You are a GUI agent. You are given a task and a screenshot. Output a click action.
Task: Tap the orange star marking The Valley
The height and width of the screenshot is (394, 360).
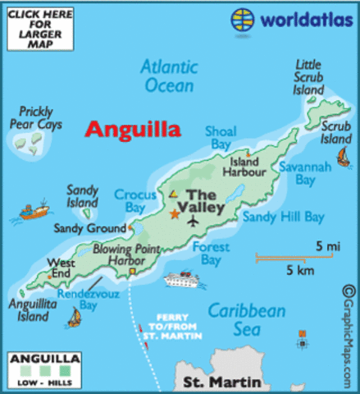click(174, 214)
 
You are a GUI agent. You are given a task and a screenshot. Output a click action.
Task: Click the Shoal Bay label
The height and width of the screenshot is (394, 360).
click(221, 136)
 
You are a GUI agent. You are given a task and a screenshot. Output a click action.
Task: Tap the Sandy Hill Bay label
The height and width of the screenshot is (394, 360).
click(283, 217)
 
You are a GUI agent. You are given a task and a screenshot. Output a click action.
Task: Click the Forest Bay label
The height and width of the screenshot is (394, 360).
click(206, 253)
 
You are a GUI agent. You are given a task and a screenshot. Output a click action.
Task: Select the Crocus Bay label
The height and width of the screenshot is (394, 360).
click(129, 201)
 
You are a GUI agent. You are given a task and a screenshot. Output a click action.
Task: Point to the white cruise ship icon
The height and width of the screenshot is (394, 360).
click(181, 281)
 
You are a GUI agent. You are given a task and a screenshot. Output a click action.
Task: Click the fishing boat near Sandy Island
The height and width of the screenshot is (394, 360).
click(33, 213)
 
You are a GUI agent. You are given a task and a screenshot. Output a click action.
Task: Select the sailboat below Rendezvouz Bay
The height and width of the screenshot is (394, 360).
click(75, 317)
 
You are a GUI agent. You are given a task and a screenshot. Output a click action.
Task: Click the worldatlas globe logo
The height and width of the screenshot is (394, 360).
click(242, 19)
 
